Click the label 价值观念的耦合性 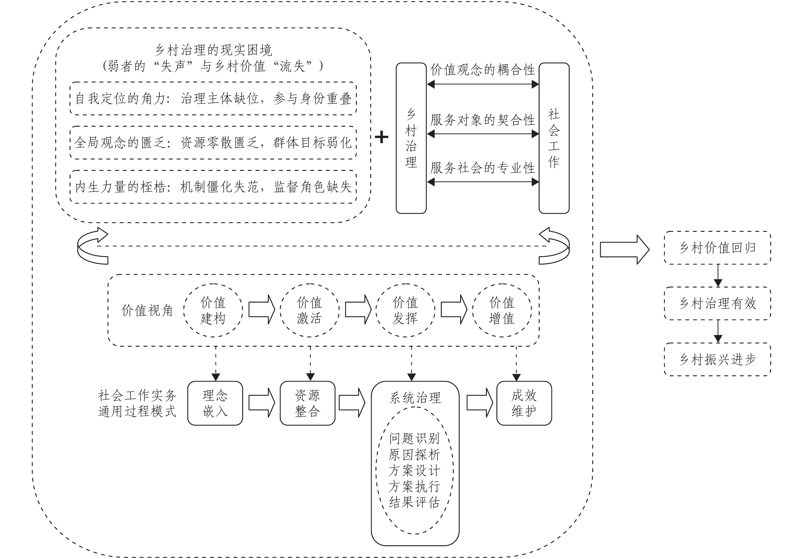point(483,70)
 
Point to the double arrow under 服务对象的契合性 point(483,134)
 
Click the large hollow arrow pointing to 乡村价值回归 point(625,249)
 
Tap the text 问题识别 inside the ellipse point(415,438)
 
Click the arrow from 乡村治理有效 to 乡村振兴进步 point(718,331)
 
